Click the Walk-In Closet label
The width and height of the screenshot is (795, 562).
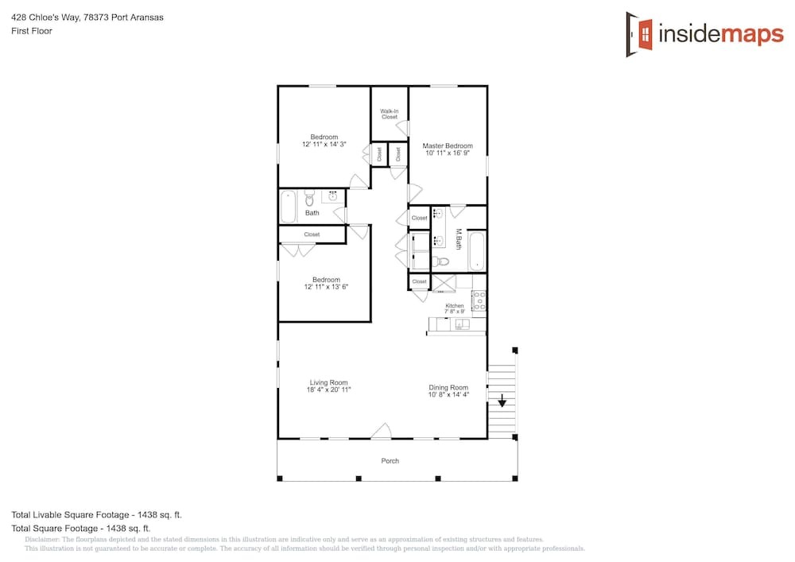[390, 114]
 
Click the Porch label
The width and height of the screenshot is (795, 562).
[390, 460]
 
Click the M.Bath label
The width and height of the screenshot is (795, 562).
[459, 238]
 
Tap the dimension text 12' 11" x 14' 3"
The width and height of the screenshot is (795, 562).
[324, 145]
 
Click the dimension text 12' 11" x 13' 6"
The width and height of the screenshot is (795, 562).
[326, 287]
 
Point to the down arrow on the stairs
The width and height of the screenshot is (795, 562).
[502, 401]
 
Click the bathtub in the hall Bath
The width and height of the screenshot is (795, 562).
[289, 206]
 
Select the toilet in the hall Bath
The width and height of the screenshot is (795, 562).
[309, 198]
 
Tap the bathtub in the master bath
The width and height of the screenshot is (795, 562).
[477, 251]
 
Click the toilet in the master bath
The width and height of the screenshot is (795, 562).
[440, 262]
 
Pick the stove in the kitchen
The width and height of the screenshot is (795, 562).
[479, 300]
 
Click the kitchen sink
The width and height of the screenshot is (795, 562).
[462, 324]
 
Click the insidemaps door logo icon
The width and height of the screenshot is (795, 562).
[639, 34]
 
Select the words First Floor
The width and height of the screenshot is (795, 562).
[32, 31]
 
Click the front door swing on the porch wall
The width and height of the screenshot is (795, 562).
[382, 432]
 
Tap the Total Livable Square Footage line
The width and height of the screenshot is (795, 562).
[96, 515]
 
